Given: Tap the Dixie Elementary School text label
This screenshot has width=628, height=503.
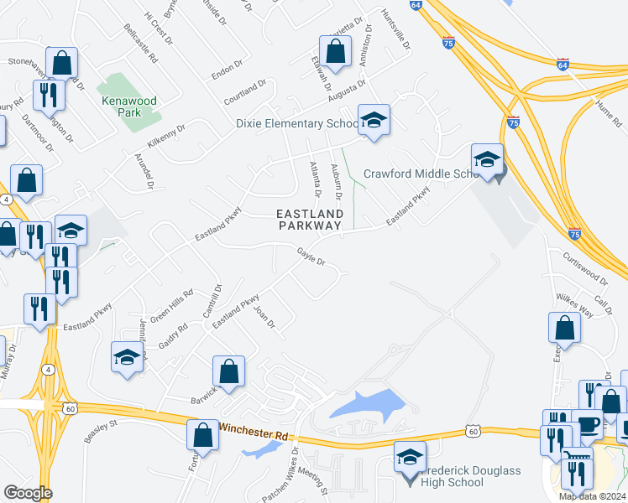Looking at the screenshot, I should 295,124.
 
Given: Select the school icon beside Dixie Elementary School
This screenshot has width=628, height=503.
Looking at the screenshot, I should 374,120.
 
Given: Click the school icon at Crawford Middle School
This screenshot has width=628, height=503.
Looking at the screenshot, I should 487,160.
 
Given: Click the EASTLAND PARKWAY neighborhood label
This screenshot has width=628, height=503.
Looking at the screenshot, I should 310,220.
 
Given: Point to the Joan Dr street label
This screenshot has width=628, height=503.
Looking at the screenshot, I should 264,318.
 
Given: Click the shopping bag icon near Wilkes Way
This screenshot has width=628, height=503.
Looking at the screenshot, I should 565,329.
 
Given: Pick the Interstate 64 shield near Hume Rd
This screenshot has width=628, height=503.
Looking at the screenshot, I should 563,64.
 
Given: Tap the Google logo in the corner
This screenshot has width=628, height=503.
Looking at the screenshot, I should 28,493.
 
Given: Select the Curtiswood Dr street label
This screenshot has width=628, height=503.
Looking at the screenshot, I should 584,267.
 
